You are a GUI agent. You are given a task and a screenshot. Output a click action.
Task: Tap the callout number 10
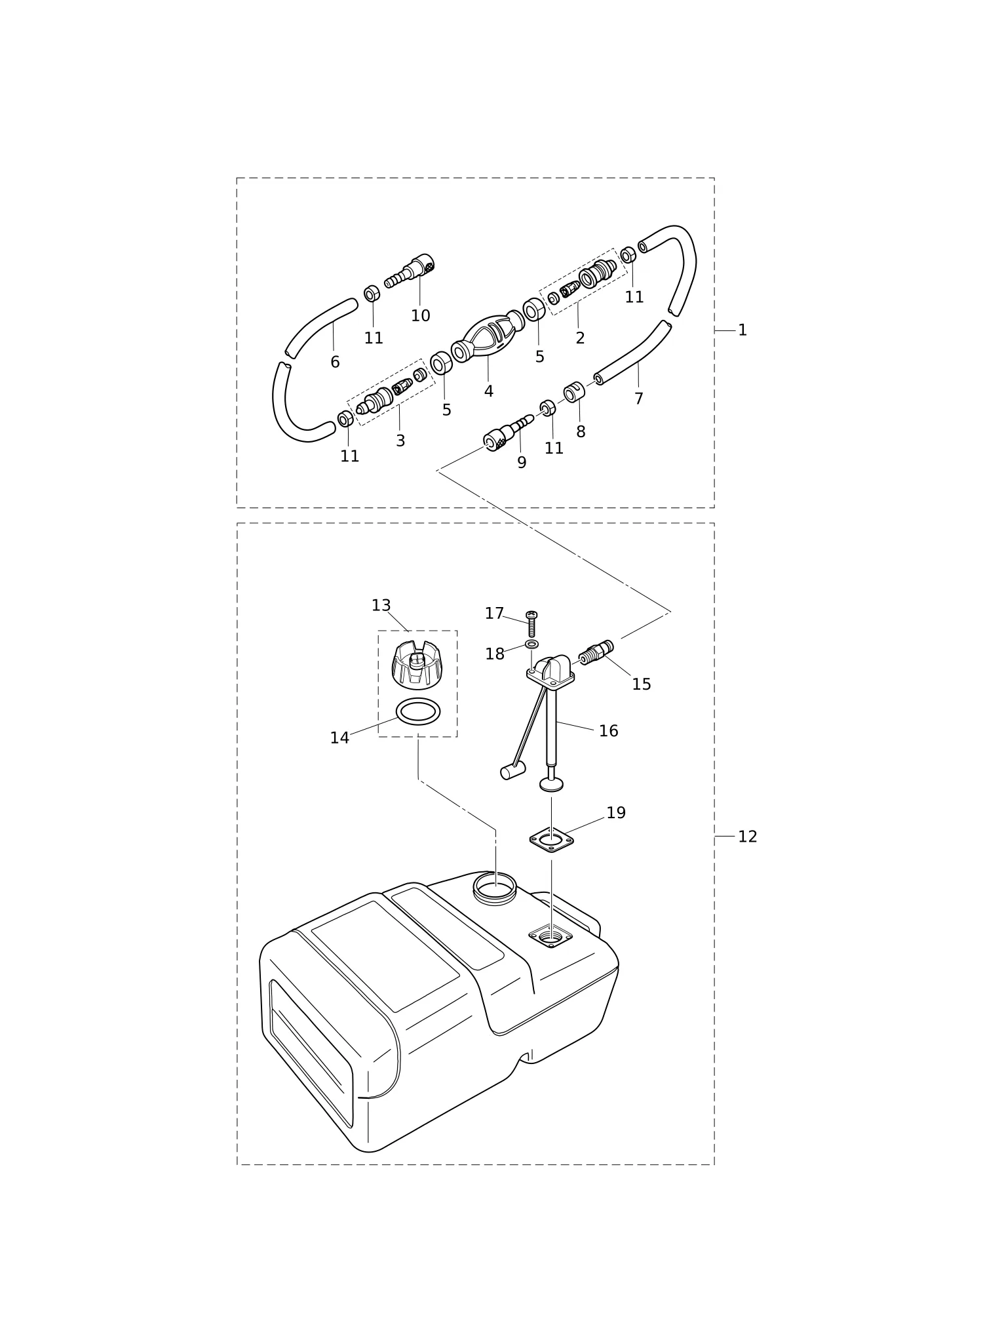point(421,316)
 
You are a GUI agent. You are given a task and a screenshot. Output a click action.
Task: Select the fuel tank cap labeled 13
point(417,665)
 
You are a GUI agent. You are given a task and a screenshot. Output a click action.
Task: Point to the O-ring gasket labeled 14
point(417,712)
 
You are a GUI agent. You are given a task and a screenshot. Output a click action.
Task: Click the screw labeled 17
point(531,623)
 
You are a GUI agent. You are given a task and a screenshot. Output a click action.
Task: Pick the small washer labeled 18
point(532,644)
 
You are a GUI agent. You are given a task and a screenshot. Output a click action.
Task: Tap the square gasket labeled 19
point(552,839)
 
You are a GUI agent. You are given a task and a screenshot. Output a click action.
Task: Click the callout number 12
point(748,837)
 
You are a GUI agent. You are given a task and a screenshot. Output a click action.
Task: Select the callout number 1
point(742,330)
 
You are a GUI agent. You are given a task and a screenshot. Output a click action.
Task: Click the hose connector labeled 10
point(410,271)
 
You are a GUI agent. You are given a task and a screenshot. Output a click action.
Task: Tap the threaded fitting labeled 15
point(596,652)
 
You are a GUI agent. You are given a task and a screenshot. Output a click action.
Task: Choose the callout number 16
point(609,731)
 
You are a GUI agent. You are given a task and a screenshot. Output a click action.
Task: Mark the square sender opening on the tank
point(550,937)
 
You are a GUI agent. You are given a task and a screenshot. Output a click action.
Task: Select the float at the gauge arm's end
point(512,771)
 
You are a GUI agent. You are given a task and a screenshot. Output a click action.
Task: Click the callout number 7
point(639,399)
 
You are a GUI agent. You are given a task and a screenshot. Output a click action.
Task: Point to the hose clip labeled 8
point(574,392)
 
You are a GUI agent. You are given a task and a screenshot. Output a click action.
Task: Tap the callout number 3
point(400,441)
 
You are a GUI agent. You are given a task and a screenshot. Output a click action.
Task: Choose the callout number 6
point(335,362)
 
